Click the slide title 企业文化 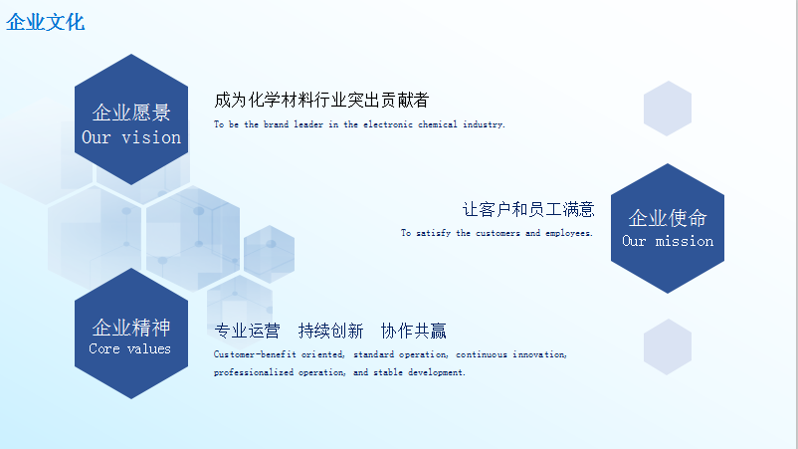tap(46, 22)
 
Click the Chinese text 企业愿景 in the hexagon tap(131, 112)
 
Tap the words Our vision tap(131, 137)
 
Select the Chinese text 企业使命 tap(668, 218)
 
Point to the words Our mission tap(668, 241)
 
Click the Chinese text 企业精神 tap(131, 328)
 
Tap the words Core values tap(129, 348)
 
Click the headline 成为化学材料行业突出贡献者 tap(321, 100)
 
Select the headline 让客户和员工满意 tap(528, 209)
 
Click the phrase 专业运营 tap(247, 331)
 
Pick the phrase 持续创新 tap(330, 331)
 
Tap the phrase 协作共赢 tap(413, 331)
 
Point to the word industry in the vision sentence tap(484, 124)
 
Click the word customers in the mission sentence tap(498, 233)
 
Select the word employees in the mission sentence tap(569, 233)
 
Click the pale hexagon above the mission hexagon tap(668, 109)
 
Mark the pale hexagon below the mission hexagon tap(668, 347)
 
